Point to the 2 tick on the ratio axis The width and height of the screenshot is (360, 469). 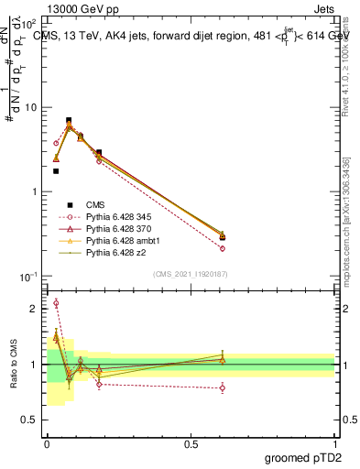point(35,309)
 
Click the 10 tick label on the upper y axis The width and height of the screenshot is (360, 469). point(31,107)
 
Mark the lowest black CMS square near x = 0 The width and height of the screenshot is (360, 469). point(56,170)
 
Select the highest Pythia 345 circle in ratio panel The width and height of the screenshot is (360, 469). point(56,303)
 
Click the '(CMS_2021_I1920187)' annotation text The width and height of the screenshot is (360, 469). point(191,273)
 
